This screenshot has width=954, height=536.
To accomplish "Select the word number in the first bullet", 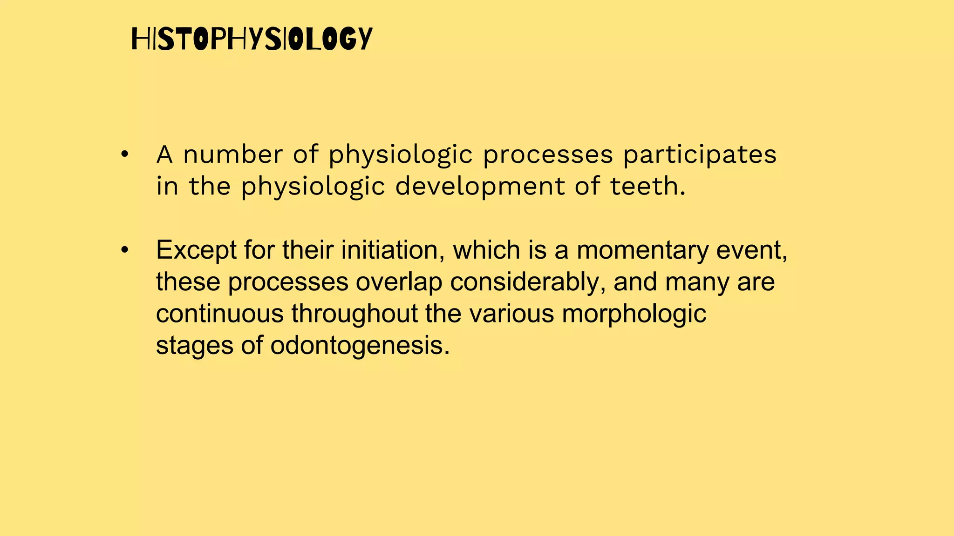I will (233, 154).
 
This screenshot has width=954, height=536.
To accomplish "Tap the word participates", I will (700, 155).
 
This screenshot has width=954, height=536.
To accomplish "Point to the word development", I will (480, 187).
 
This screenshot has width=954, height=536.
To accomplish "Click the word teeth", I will (647, 186).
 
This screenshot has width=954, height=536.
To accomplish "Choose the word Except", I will (196, 250).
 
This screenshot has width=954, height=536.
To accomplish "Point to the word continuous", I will (219, 314).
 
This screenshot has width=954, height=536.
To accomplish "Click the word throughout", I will (354, 314).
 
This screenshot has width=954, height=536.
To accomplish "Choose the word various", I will (511, 314).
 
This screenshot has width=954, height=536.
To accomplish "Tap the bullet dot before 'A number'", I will (124, 155).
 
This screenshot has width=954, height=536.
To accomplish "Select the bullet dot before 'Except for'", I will (124, 250).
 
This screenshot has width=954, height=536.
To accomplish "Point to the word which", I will (486, 250).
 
